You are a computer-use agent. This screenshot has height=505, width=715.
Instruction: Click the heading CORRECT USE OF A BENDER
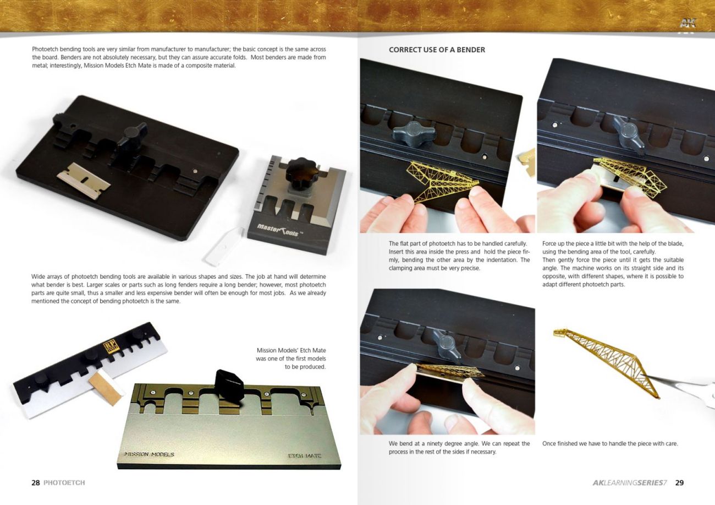437,50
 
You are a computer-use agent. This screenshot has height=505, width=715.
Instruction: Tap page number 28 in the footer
35,482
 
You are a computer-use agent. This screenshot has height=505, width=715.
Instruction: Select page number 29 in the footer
680,482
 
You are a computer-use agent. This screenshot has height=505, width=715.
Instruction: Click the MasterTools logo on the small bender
278,230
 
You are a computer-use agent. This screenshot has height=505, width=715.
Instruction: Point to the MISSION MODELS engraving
150,454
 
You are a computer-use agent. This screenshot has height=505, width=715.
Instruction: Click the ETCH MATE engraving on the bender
305,456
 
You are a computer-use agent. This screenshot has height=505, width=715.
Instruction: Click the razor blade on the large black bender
84,180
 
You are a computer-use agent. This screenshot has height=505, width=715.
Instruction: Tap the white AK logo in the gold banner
689,23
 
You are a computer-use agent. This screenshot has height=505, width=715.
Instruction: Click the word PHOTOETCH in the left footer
64,482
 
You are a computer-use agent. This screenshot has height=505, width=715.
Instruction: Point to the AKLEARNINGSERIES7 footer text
629,482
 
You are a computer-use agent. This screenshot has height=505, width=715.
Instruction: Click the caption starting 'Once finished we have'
609,444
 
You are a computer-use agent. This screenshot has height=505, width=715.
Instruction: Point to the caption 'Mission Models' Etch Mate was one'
291,359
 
